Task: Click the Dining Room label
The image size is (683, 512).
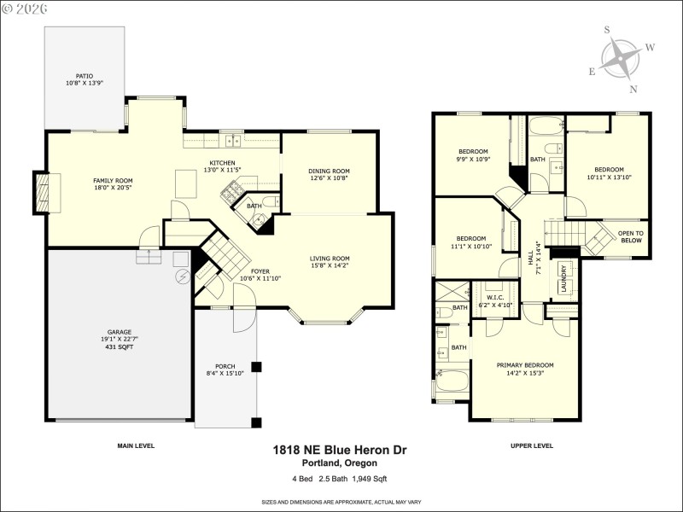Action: [329, 172]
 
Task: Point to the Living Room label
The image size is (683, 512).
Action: [329, 259]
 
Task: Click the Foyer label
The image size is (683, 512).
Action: [260, 271]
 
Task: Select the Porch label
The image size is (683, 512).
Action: [225, 366]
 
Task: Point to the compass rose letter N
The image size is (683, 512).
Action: [633, 89]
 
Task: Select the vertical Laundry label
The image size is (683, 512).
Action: [563, 278]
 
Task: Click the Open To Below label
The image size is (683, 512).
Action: [631, 236]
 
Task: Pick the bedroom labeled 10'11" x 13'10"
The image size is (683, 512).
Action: [609, 169]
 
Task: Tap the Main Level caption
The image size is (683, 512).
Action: [136, 445]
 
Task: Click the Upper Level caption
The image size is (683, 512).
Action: [531, 445]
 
